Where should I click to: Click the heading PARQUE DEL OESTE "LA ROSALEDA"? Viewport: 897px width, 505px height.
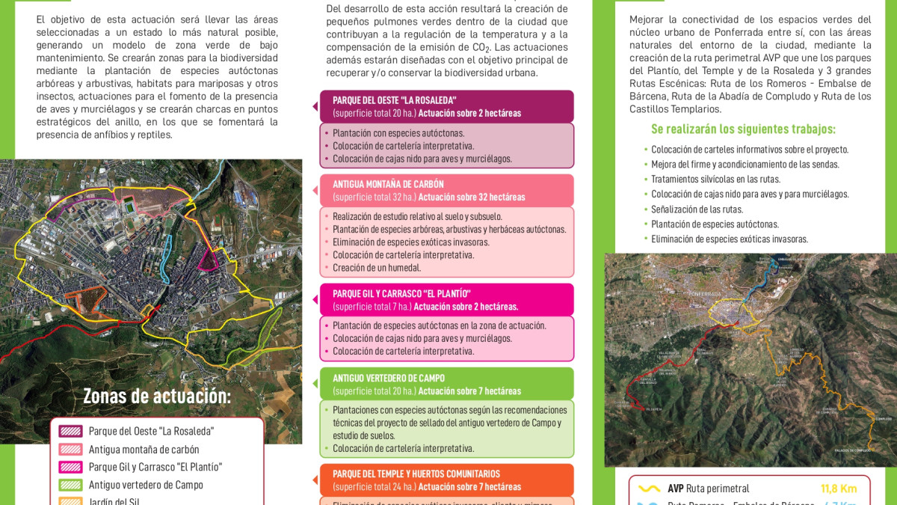(x=395, y=100)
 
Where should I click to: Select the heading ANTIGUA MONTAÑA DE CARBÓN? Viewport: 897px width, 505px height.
(x=388, y=184)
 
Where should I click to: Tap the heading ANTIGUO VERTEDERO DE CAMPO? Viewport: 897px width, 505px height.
(x=389, y=379)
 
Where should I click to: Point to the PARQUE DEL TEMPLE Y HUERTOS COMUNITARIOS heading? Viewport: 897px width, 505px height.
(x=416, y=474)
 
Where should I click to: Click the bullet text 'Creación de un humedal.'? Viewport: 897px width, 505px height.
(x=377, y=268)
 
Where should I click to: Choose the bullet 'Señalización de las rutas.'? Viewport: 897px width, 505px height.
(x=697, y=209)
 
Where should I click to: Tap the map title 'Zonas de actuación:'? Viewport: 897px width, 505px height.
(x=157, y=396)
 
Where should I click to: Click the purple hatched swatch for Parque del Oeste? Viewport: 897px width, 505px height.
(x=70, y=432)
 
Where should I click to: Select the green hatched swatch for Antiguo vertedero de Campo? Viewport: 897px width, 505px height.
(x=70, y=485)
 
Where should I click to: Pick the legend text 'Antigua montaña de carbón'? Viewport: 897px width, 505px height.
(x=144, y=450)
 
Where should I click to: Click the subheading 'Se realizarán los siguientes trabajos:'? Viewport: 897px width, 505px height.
(x=743, y=129)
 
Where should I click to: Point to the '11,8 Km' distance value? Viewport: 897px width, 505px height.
(x=839, y=489)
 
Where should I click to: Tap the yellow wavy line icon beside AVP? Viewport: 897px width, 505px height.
(x=648, y=489)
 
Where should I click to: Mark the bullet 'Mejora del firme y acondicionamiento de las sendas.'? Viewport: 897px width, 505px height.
(x=745, y=165)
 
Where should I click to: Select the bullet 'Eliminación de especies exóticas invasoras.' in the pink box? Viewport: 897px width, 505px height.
(x=411, y=242)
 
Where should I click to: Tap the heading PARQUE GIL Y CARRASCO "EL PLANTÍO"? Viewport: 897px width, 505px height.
(x=401, y=293)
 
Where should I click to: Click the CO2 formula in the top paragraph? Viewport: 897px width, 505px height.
(x=482, y=48)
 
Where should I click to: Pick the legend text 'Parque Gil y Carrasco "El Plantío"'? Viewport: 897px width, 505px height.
(x=155, y=467)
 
